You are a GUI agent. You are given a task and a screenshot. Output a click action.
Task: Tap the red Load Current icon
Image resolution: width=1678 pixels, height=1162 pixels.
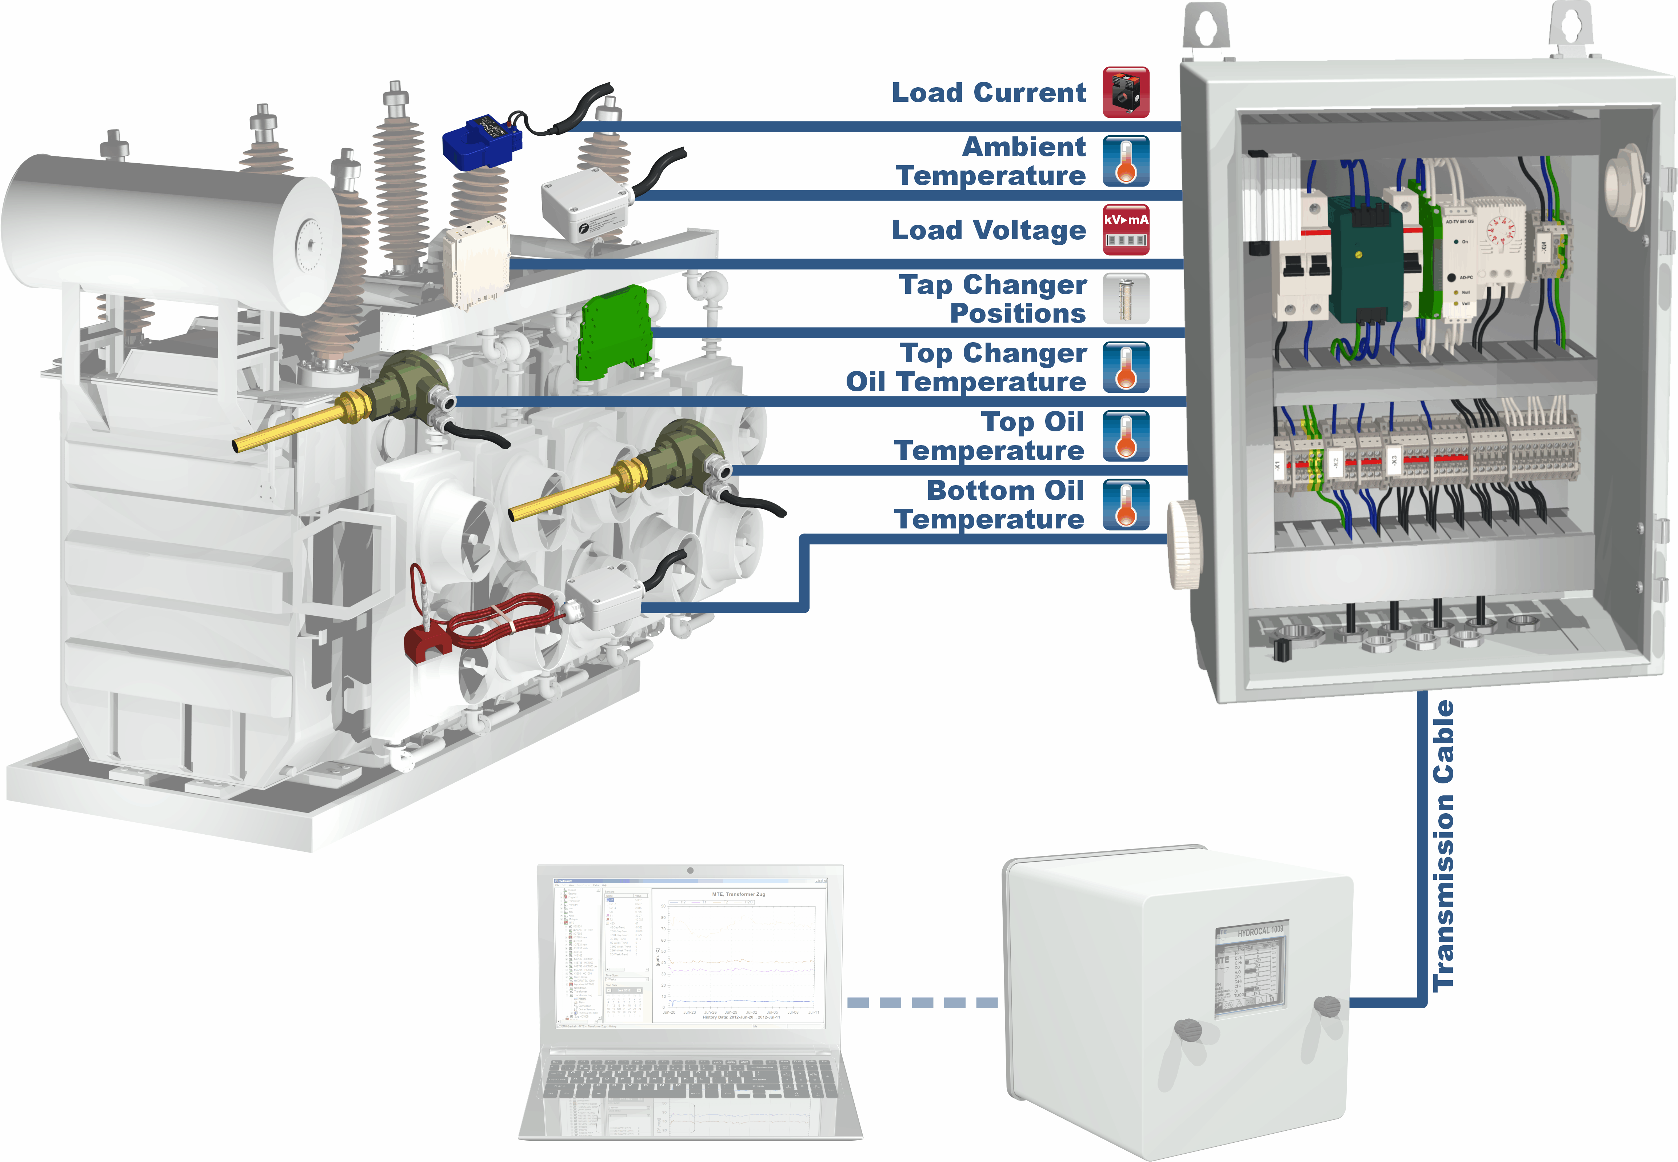(x=1126, y=92)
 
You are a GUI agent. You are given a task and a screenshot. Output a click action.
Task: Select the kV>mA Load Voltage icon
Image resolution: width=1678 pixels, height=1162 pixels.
(x=1126, y=230)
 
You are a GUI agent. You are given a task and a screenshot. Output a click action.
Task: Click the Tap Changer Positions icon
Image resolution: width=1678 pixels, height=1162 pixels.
(x=1126, y=299)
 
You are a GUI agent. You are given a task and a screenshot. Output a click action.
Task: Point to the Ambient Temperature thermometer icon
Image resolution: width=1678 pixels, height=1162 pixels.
(x=1126, y=161)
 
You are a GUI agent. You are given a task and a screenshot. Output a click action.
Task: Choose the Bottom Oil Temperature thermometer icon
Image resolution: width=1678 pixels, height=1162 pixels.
(x=1126, y=504)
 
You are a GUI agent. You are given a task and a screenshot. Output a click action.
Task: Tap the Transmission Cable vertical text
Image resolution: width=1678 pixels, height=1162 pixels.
(x=1443, y=844)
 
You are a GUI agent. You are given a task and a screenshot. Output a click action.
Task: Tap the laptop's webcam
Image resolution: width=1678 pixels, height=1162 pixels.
(x=690, y=870)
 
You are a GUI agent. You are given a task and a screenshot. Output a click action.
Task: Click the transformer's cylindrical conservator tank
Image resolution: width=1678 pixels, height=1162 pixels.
(x=167, y=226)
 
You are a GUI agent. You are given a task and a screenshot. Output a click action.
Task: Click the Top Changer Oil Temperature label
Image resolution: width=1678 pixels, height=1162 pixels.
(x=966, y=368)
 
